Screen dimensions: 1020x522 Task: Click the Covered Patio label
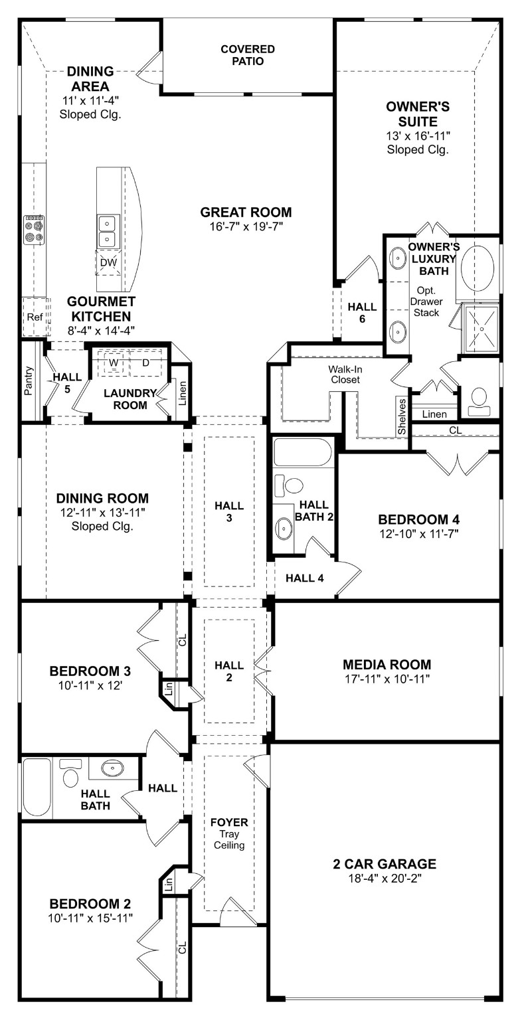click(x=248, y=55)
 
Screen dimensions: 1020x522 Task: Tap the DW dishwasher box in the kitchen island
click(x=108, y=262)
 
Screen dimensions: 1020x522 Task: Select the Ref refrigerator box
click(x=35, y=317)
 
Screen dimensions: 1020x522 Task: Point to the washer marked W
click(x=114, y=363)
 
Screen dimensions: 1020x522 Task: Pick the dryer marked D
click(x=145, y=363)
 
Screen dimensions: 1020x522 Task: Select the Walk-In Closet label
click(x=343, y=374)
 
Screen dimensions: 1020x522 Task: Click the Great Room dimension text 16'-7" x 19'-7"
click(x=246, y=226)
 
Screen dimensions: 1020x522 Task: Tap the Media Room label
click(x=387, y=664)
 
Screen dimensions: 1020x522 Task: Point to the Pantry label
click(x=29, y=381)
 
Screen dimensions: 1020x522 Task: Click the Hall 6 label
click(x=362, y=312)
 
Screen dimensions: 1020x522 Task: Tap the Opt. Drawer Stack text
click(x=426, y=301)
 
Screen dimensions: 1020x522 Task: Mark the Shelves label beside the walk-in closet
click(x=402, y=417)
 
